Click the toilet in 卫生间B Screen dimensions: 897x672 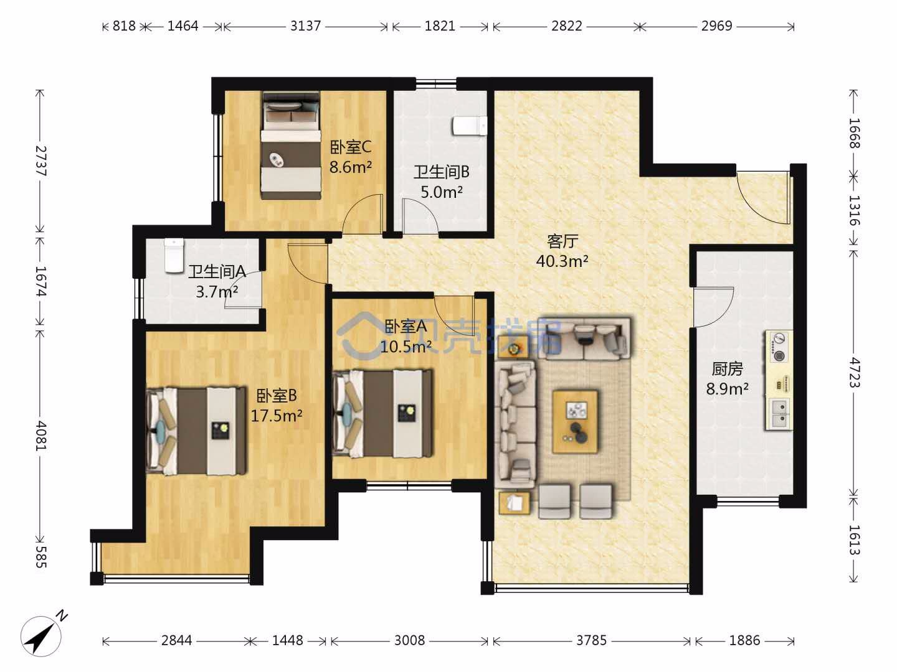pos(470,126)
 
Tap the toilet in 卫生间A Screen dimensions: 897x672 pos(174,256)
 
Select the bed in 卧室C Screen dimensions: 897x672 pos(290,146)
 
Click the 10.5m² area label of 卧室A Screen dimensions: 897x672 pos(406,347)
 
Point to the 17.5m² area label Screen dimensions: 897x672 pos(276,416)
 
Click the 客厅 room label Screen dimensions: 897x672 pos(562,241)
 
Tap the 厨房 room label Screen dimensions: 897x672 pos(727,369)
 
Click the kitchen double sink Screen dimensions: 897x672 pos(780,413)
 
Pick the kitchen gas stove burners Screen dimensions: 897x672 pos(779,347)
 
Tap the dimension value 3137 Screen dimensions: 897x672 pos(305,26)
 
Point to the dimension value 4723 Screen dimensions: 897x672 pos(854,373)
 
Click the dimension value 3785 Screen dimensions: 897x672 pos(591,641)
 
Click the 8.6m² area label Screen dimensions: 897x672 pos(351,167)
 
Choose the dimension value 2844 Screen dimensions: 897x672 pos(176,641)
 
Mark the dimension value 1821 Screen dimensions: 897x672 pos(440,26)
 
